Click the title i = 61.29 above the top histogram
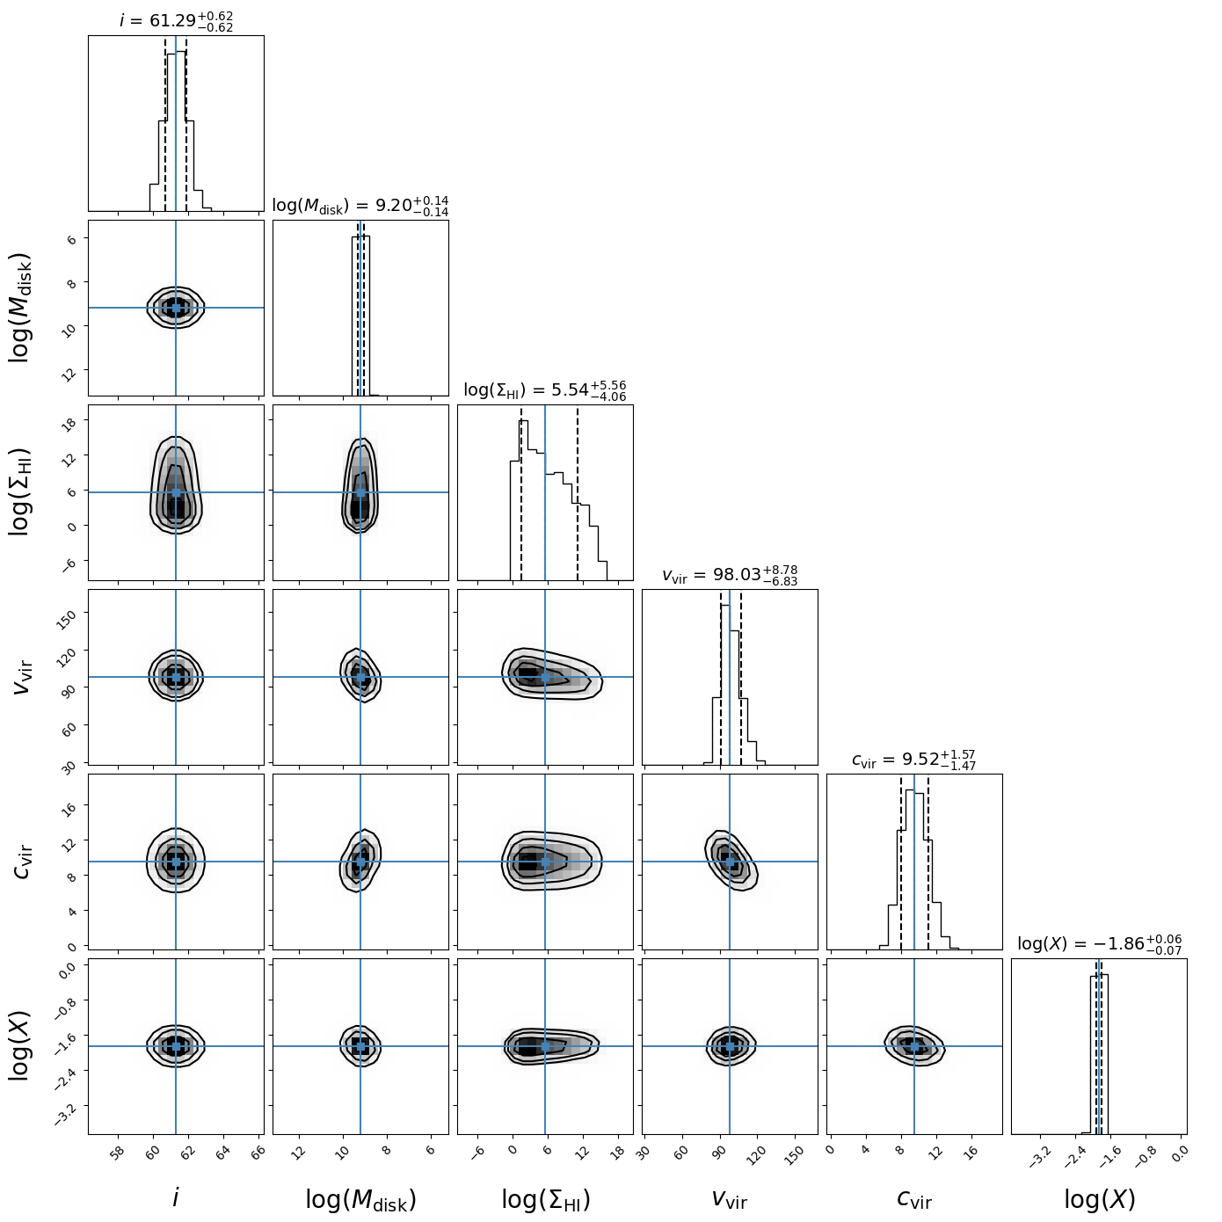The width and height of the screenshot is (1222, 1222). click(176, 21)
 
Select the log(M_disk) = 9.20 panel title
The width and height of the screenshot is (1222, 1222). click(360, 206)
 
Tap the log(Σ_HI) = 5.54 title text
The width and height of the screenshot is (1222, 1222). click(545, 390)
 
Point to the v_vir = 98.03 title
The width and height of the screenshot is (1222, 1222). click(730, 575)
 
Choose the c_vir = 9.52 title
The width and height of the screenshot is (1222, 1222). click(914, 760)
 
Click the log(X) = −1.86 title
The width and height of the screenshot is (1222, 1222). click(1099, 944)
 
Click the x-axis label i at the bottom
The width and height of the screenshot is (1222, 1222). click(176, 1197)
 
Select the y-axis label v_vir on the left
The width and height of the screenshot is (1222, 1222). click(21, 677)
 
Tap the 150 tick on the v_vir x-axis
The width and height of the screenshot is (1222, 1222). click(794, 1154)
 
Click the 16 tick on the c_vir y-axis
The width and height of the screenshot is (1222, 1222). click(72, 806)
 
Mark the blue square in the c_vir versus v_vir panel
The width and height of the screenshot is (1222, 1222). click(730, 862)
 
